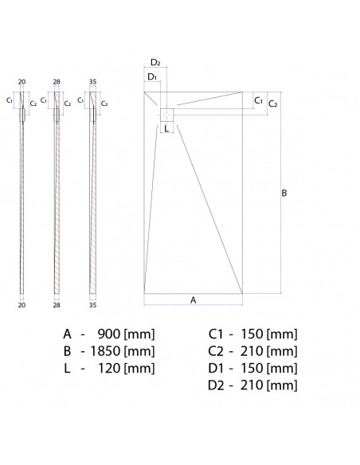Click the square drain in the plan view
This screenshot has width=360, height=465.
[167, 115]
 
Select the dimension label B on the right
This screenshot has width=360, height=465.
[284, 193]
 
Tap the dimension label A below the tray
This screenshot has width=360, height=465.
[193, 300]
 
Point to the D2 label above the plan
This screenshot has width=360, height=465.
[155, 63]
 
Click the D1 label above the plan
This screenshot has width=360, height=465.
[152, 77]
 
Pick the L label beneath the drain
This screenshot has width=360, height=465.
[166, 128]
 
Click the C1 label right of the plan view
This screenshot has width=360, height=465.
[259, 101]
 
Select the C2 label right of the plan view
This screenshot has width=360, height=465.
[273, 104]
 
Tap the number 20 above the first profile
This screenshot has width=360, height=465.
[22, 82]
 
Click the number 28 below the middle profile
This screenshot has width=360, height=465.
[57, 305]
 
